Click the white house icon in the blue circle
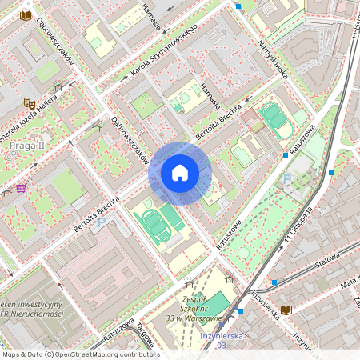pyautogui.click(x=180, y=173)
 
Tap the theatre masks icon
pyautogui.click(x=29, y=103)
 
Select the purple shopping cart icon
pyautogui.click(x=21, y=188)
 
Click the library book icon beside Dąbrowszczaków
pyautogui.click(x=26, y=15)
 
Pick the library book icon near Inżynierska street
pyautogui.click(x=286, y=310)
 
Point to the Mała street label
pyautogui.click(x=348, y=283)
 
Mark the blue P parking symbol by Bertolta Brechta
pyautogui.click(x=102, y=222)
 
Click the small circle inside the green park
pyautogui.click(x=243, y=253)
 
